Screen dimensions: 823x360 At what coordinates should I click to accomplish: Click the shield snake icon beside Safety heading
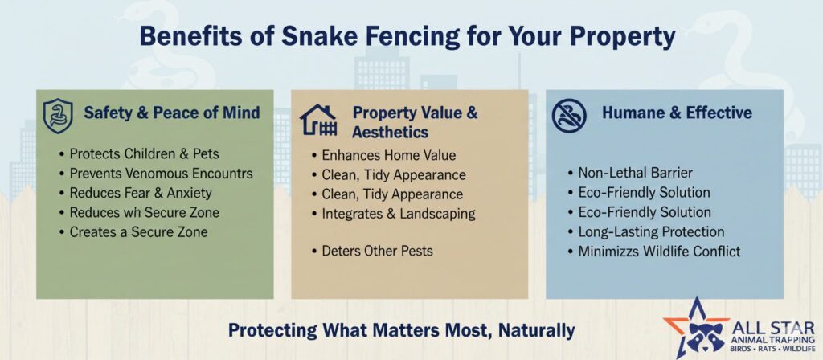pos(58,116)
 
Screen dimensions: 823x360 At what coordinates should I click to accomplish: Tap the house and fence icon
pos(317,121)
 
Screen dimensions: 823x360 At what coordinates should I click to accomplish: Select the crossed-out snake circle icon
pos(569,116)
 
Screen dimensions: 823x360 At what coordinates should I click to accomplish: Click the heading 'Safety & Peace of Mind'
pos(172,112)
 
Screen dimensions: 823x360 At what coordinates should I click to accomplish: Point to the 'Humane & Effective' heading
pos(677,112)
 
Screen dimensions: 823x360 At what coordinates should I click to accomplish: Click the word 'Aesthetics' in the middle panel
pos(390,133)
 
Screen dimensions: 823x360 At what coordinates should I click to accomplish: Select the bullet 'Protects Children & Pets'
pos(139,153)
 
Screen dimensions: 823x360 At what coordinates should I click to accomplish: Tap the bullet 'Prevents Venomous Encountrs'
pos(156,174)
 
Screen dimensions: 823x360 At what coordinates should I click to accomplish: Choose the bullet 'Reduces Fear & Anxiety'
pos(135,193)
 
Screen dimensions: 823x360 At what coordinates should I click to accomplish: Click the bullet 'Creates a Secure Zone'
pos(133,231)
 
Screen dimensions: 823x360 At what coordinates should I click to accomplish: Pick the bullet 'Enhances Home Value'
pos(383,155)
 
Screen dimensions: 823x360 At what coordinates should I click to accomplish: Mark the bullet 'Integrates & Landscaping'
pos(393,214)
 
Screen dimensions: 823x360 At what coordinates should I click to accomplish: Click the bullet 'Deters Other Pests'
pos(372,251)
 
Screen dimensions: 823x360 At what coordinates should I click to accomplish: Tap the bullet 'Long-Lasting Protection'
pos(646,231)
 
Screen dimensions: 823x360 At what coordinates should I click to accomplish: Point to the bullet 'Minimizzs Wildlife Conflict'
pos(654,252)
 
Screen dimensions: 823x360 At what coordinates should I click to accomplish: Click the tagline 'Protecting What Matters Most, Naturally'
pos(402,330)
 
